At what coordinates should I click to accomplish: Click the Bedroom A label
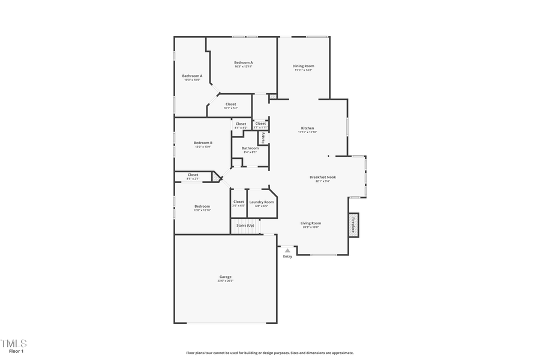click(x=243, y=62)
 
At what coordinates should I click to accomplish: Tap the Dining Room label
click(x=303, y=66)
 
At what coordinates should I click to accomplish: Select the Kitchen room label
click(x=307, y=128)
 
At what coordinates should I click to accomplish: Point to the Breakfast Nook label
click(x=323, y=177)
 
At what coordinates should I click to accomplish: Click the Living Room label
click(x=311, y=223)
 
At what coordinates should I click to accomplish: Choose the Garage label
click(x=225, y=277)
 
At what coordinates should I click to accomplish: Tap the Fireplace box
click(x=353, y=225)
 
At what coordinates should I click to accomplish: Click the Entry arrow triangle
click(x=287, y=250)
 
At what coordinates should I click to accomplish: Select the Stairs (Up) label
click(x=245, y=226)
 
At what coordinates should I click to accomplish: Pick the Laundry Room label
click(x=262, y=202)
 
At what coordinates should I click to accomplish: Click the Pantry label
click(x=263, y=138)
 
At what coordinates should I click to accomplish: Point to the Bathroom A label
click(x=192, y=76)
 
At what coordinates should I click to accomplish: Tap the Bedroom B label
click(x=203, y=143)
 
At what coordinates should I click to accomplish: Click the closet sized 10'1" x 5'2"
click(x=230, y=104)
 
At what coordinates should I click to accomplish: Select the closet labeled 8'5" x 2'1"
click(x=193, y=175)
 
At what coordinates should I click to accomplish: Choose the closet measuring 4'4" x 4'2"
click(x=241, y=124)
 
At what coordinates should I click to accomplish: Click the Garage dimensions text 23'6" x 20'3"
click(x=225, y=281)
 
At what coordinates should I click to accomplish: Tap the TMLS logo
click(x=13, y=343)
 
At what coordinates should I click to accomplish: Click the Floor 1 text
click(x=16, y=352)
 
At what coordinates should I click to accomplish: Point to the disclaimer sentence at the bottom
click(x=269, y=353)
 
